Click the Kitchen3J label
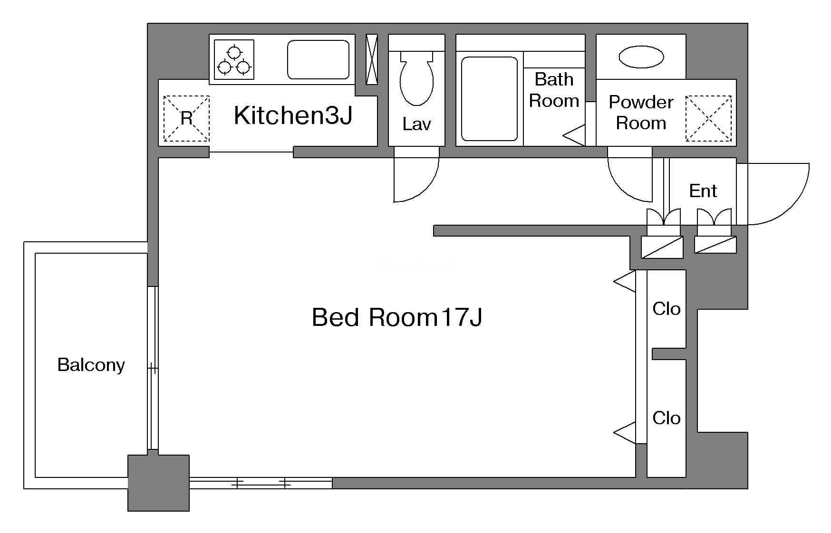[293, 115]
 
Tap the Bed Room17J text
[397, 317]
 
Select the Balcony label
[91, 365]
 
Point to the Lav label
[416, 124]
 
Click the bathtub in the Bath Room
[489, 99]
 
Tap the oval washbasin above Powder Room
[641, 57]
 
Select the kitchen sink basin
[318, 59]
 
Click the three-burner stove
[234, 59]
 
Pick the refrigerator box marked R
[186, 118]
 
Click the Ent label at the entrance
[703, 191]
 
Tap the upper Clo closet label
[667, 309]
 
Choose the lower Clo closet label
[667, 418]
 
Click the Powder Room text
[641, 113]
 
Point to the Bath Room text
[554, 90]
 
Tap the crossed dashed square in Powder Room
[708, 118]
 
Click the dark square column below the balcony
[158, 483]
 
